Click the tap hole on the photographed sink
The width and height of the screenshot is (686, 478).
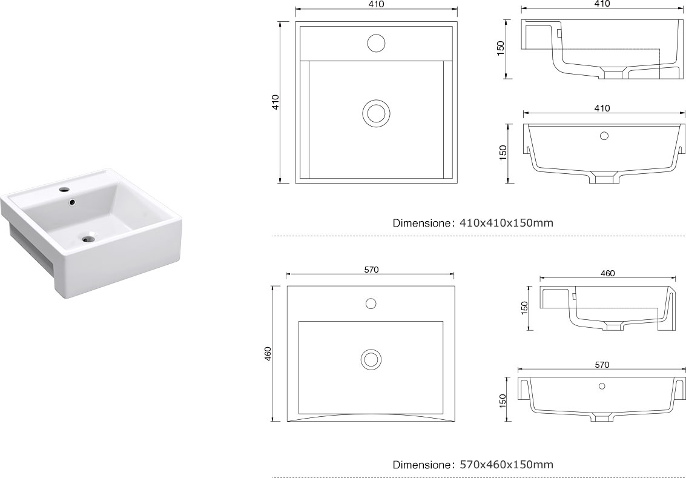click(64, 190)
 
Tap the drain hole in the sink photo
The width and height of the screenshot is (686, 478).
click(89, 239)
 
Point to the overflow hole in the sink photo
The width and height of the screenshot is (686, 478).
click(72, 202)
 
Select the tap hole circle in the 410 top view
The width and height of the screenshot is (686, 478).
click(376, 44)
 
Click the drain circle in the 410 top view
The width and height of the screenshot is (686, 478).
click(376, 113)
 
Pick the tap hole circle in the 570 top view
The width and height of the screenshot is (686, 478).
click(371, 304)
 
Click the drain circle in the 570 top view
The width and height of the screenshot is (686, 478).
click(371, 359)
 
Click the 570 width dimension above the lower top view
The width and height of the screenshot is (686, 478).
click(371, 270)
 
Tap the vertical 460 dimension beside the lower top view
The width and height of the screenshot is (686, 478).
click(268, 354)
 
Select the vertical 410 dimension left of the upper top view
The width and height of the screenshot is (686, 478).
click(275, 102)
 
